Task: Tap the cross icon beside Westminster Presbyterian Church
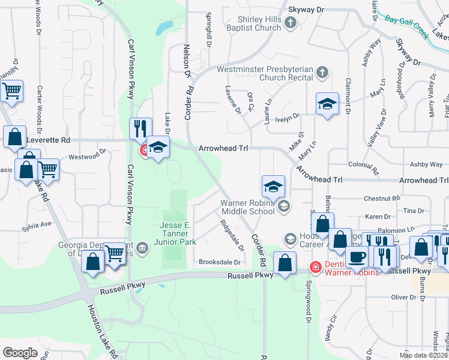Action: pyautogui.click(x=322, y=73)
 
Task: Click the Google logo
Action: pyautogui.click(x=20, y=352)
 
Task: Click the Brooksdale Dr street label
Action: pyautogui.click(x=220, y=262)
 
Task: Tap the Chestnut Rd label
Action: pyautogui.click(x=382, y=198)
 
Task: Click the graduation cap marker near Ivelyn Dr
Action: pyautogui.click(x=328, y=104)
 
